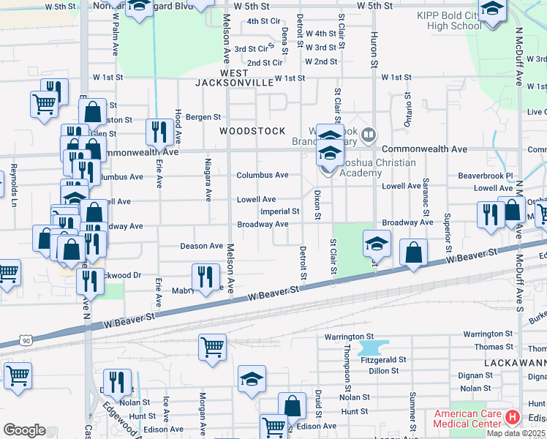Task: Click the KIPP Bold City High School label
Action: pyautogui.click(x=449, y=20)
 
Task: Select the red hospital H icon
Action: pyautogui.click(x=513, y=418)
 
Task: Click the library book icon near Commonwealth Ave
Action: pyautogui.click(x=369, y=135)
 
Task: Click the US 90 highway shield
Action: pyautogui.click(x=27, y=340)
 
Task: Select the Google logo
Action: pyautogui.click(x=24, y=429)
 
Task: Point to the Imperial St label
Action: pyautogui.click(x=281, y=211)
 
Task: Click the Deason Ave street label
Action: pyautogui.click(x=201, y=247)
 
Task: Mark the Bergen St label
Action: pyautogui.click(x=203, y=117)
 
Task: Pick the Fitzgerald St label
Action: pyautogui.click(x=383, y=360)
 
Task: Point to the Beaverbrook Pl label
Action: pyautogui.click(x=486, y=176)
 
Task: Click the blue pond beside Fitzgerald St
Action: pyautogui.click(x=371, y=347)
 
